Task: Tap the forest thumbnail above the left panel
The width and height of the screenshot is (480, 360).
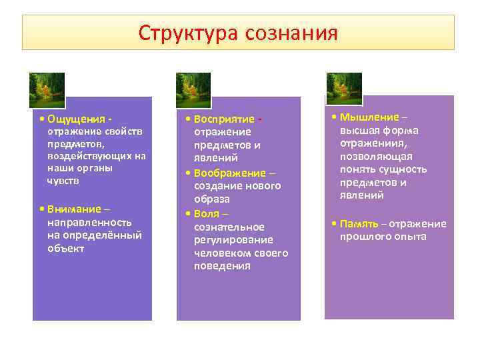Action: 47,90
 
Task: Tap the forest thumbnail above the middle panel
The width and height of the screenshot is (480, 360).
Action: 193,90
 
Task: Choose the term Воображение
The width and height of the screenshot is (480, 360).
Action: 229,173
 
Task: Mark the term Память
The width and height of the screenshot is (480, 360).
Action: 359,223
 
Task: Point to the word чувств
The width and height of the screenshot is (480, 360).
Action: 63,181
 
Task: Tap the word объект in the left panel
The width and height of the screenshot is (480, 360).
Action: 65,249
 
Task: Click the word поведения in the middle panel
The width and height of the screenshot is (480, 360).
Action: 222,266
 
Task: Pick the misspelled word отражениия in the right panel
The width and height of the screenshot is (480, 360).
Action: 373,143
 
